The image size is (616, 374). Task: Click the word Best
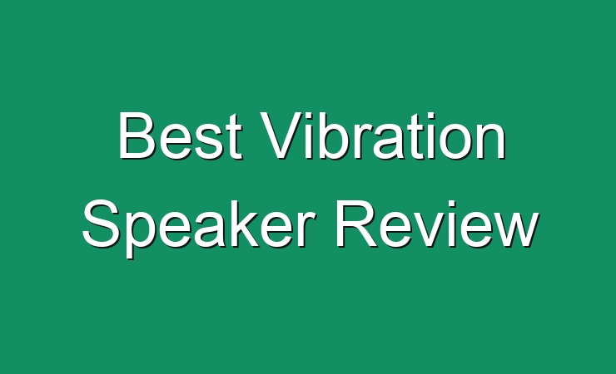pos(180,135)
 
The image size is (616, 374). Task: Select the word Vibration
pos(384,135)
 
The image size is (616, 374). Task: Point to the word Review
pos(437,224)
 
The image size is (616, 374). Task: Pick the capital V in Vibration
pos(282,135)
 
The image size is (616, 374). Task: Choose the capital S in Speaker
pos(101,224)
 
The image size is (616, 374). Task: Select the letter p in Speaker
pos(142,235)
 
